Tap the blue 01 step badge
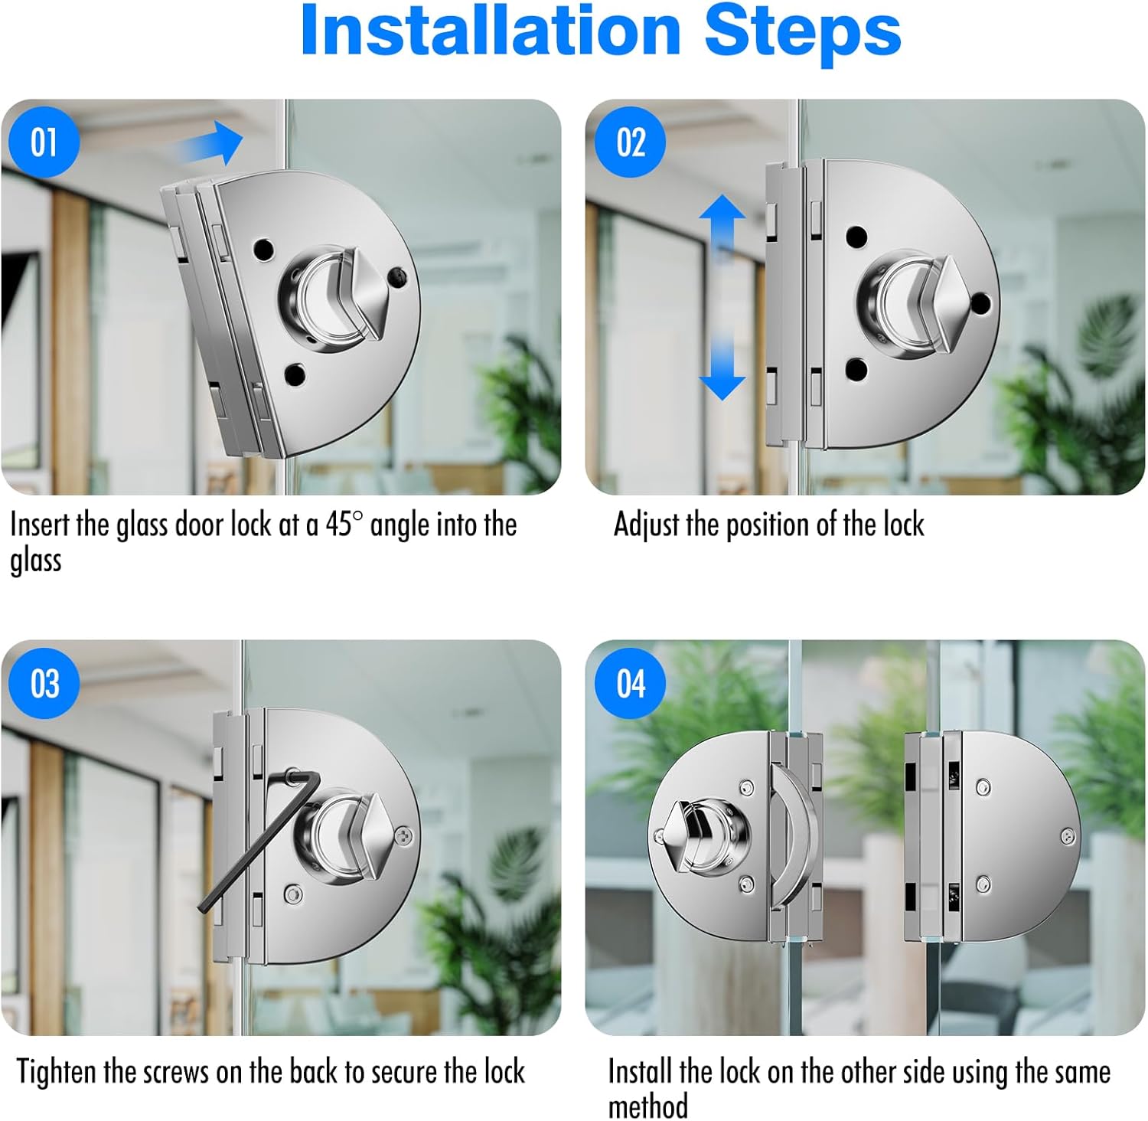click(44, 142)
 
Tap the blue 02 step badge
click(631, 142)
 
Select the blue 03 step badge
click(44, 683)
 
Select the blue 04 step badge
click(631, 683)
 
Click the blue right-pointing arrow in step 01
click(208, 143)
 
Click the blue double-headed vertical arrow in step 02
click(721, 297)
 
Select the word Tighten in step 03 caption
click(57, 1072)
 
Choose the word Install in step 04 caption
click(641, 1072)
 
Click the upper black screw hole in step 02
click(856, 237)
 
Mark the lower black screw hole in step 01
click(295, 375)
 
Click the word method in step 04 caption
click(647, 1106)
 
